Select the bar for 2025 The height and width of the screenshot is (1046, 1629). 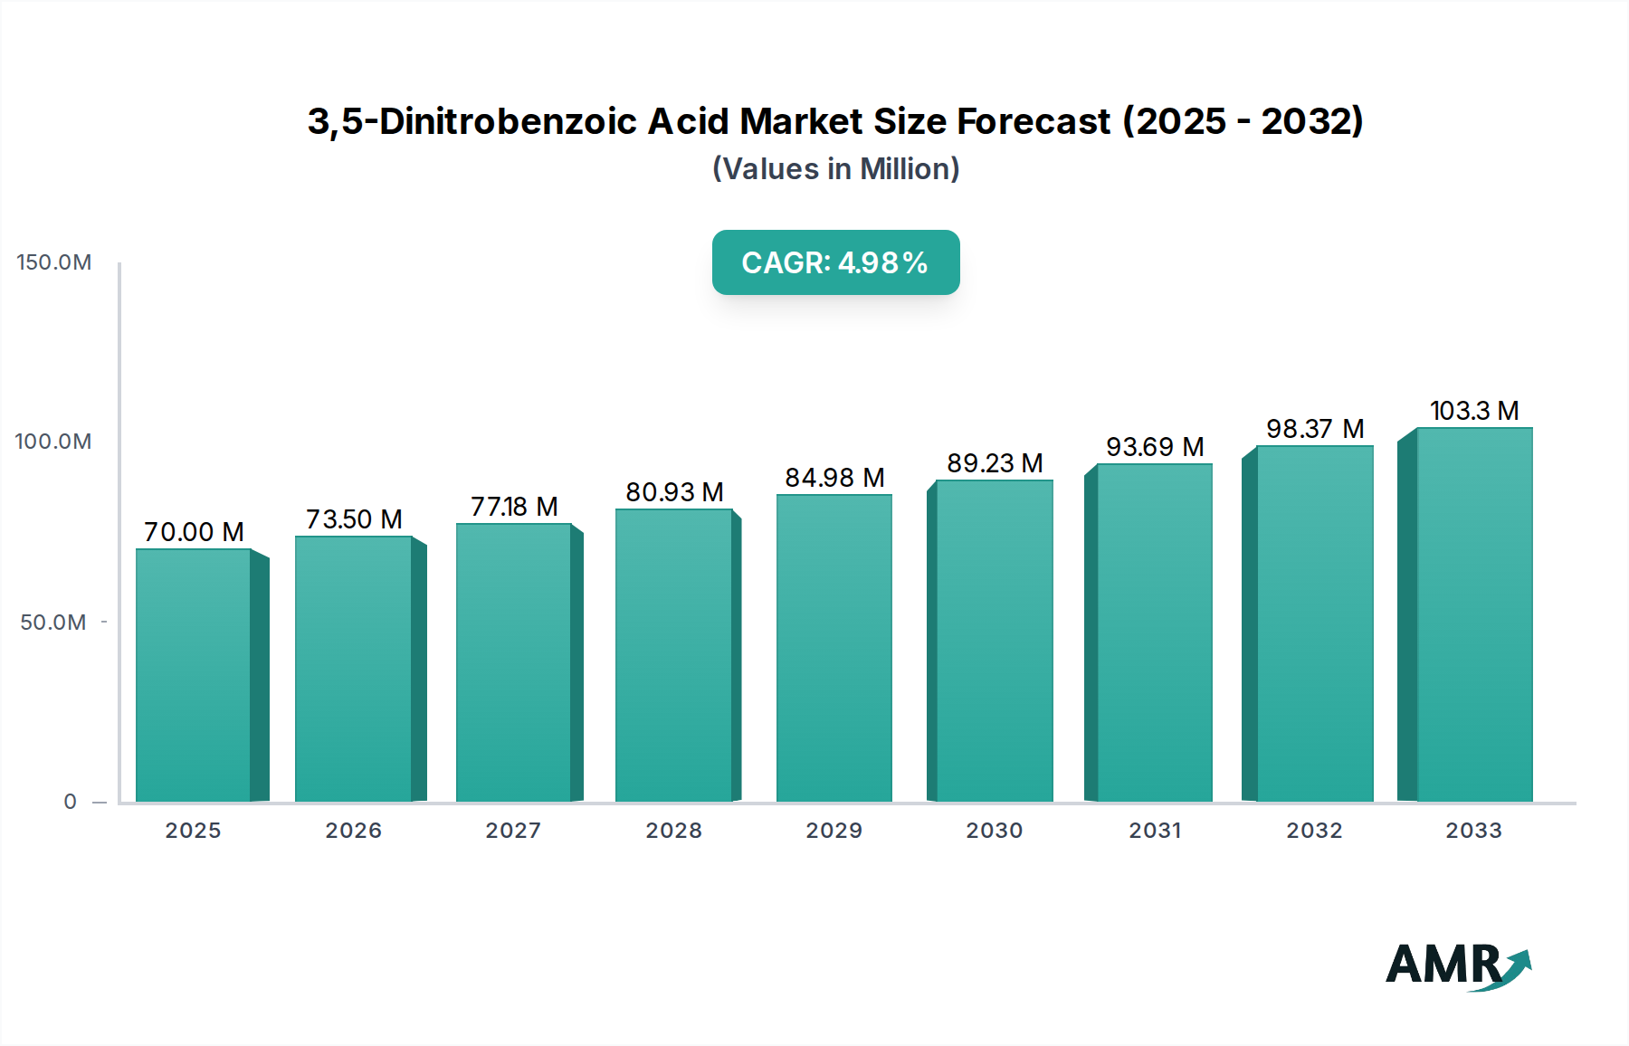193,674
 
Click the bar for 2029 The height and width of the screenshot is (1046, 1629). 834,647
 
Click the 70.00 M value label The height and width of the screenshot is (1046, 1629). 194,532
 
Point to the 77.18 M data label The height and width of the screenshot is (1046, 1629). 513,507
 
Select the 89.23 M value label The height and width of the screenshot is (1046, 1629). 995,463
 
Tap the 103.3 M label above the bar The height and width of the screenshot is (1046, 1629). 1473,411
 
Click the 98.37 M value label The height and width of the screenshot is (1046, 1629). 1314,429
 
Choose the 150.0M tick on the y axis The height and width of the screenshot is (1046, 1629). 54,262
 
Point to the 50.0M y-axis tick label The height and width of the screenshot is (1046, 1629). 53,623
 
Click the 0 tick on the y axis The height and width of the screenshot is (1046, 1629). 70,802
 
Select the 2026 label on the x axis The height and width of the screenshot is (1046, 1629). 353,831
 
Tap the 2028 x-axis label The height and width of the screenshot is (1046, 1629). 673,831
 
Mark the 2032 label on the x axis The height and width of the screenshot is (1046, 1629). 1314,831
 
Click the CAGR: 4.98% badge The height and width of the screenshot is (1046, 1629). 835,262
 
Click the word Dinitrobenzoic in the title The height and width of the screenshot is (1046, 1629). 508,121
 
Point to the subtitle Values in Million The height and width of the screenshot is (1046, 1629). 835,169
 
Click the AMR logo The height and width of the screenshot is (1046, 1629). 1457,966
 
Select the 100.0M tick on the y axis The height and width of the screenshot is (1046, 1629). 53,442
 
